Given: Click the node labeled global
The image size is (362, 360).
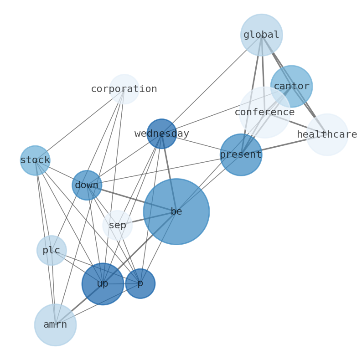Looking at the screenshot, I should (x=261, y=35).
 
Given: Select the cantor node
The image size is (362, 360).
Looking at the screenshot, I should (x=291, y=86).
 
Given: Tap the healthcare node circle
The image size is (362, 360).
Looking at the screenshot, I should (x=327, y=134).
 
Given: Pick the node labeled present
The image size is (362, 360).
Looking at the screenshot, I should (x=241, y=154).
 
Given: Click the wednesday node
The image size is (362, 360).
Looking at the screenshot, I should (x=161, y=134).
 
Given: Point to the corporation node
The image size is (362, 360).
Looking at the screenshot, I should (x=124, y=89).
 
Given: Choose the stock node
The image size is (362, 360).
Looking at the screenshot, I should (x=35, y=160).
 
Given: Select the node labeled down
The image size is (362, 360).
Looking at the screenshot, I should (x=87, y=185).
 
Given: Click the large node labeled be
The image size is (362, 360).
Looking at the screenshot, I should (x=176, y=211).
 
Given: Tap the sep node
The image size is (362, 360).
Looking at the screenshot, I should (x=117, y=225).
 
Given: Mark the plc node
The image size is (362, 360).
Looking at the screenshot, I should (x=52, y=250).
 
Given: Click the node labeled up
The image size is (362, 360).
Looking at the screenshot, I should (x=103, y=283).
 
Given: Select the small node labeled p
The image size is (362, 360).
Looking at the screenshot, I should (x=140, y=283).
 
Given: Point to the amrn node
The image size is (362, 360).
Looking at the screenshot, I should (x=55, y=324).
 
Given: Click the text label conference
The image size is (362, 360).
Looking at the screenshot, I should (x=264, y=112).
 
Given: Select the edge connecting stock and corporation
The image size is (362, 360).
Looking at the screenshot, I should (x=80, y=124).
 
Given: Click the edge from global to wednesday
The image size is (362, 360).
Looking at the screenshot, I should (x=212, y=84).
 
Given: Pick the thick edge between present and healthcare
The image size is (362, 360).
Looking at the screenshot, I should (x=284, y=144).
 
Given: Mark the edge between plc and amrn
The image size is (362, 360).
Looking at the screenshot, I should (x=53, y=287).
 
